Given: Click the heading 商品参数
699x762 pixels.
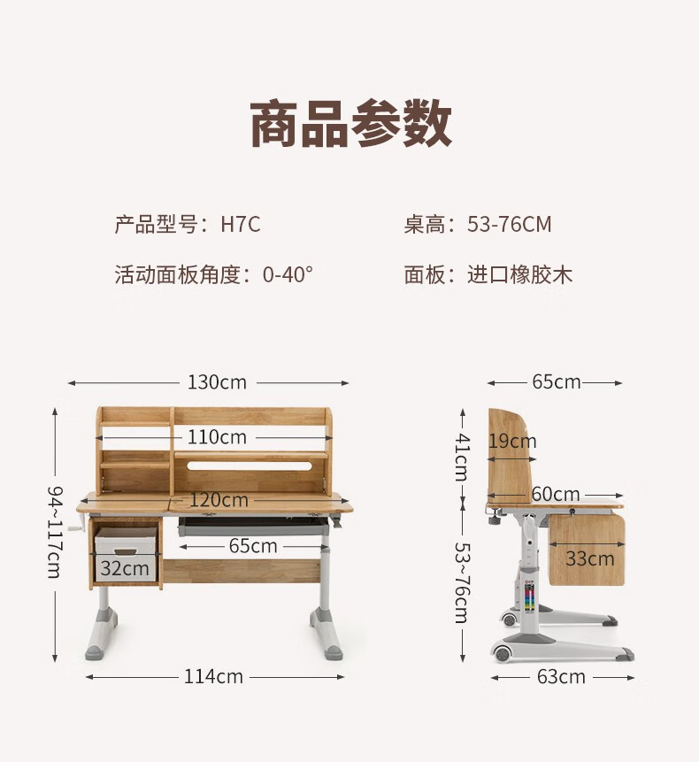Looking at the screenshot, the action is (x=350, y=124).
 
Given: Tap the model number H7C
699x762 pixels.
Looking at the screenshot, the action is (x=241, y=225).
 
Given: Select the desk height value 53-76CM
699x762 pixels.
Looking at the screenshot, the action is (x=509, y=225).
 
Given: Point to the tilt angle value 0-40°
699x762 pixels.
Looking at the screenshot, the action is (x=288, y=274).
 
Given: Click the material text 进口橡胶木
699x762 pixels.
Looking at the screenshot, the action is (x=520, y=274).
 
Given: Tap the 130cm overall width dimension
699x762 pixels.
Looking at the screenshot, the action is (x=217, y=382).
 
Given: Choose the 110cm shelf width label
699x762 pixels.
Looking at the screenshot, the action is (x=217, y=437).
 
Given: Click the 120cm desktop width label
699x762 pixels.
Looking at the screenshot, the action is (x=219, y=500).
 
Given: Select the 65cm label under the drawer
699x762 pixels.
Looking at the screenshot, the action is (x=253, y=546).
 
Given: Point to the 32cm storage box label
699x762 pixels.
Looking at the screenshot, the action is (x=124, y=568).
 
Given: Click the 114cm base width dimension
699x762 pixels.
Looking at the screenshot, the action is (x=213, y=676).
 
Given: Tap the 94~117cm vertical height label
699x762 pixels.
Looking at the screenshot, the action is (x=55, y=531).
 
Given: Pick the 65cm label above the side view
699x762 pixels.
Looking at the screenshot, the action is (x=556, y=382).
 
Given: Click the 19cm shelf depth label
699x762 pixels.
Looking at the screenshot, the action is (x=512, y=441).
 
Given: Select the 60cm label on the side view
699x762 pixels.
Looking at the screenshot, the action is (x=556, y=494).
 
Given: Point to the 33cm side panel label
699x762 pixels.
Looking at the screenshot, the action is (x=589, y=558).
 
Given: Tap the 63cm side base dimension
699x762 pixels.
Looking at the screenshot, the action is (x=561, y=677).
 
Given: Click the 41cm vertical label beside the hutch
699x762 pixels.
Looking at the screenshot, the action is (x=462, y=456).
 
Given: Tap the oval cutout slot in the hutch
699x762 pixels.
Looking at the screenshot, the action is (x=252, y=465).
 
